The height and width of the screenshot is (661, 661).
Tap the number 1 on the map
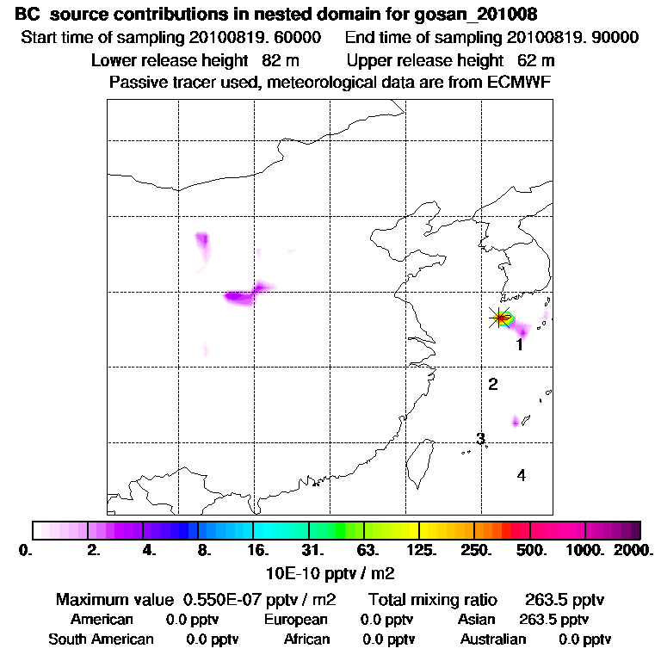[x=520, y=345]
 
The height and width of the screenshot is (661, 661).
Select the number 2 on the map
[x=493, y=384]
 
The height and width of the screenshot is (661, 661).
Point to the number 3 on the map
[x=481, y=438]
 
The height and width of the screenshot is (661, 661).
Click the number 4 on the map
[x=521, y=475]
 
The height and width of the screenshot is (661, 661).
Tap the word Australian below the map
[x=493, y=639]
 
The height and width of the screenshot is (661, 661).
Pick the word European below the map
[x=295, y=620]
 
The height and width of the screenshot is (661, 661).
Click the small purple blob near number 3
[x=516, y=421]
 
